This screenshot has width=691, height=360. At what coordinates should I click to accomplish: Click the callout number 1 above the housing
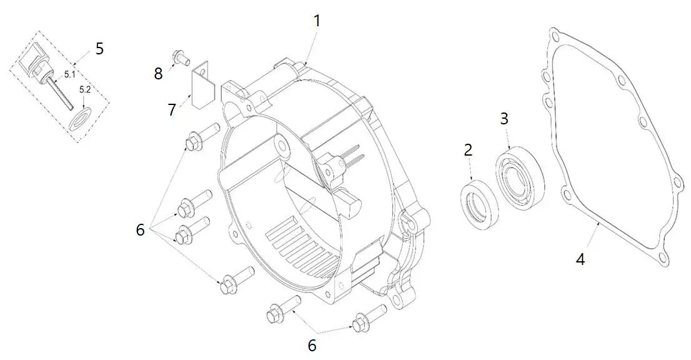[x=317, y=21]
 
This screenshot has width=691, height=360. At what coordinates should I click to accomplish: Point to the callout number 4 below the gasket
[x=580, y=258]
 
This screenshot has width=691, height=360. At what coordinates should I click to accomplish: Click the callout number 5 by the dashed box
[x=99, y=49]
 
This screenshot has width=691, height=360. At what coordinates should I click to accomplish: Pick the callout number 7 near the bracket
[x=172, y=109]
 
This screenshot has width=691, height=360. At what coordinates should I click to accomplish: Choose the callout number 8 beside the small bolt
[x=158, y=73]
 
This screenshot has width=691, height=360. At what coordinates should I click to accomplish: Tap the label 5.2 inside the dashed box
[x=85, y=90]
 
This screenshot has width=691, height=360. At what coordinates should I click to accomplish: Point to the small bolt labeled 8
[x=182, y=57]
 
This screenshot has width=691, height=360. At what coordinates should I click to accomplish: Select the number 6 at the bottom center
[x=312, y=344]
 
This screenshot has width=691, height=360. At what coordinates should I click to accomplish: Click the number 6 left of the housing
[x=141, y=230]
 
